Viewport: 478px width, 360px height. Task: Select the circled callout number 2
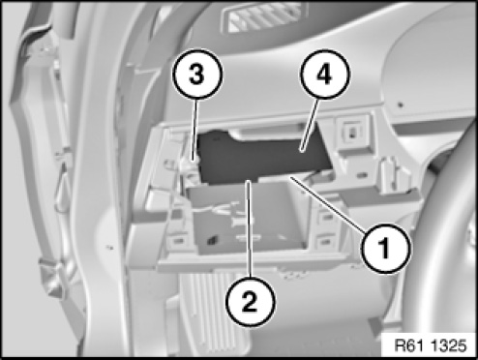(251, 302)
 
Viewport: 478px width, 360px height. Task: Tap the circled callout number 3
(197, 74)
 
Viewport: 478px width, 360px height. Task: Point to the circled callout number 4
(324, 74)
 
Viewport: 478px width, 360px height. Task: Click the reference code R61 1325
(431, 345)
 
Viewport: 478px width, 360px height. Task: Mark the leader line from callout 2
(249, 229)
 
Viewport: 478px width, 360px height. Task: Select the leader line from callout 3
(194, 129)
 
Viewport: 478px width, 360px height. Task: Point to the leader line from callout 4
(309, 124)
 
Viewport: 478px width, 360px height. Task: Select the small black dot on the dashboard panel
(401, 105)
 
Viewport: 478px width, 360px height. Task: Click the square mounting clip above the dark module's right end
(352, 133)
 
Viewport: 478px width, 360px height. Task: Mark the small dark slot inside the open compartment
(212, 240)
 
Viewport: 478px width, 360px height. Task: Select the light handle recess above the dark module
(269, 133)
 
